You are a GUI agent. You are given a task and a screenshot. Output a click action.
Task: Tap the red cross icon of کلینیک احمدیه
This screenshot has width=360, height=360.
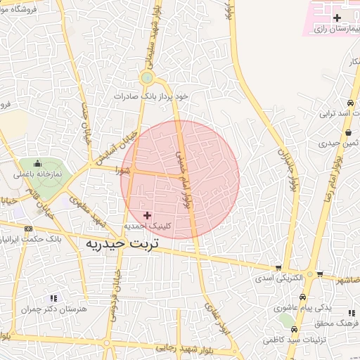[147, 214]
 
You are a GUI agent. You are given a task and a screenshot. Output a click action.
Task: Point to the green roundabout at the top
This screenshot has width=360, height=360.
[146, 78]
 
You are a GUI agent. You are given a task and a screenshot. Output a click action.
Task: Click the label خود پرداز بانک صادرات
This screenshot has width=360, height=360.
[153, 95]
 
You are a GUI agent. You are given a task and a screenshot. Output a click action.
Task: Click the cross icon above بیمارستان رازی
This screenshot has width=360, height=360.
[337, 17]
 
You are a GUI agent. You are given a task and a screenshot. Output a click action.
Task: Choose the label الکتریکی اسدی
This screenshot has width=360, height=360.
[280, 278]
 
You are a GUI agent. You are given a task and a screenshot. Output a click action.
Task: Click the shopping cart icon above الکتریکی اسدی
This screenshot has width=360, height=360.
[279, 268]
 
